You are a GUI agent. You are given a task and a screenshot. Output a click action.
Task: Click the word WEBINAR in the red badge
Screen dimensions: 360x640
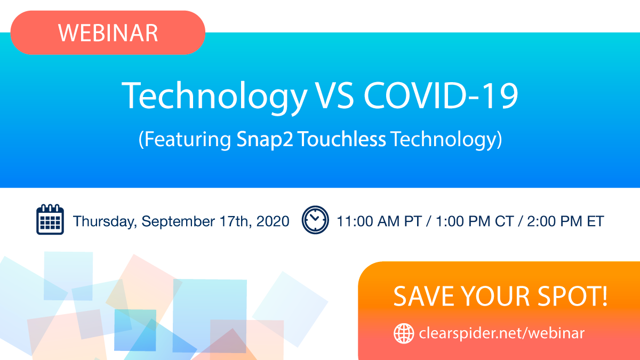108,33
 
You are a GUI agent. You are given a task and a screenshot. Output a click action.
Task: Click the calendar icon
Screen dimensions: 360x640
50,220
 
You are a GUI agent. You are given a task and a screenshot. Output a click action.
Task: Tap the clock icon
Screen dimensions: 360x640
315,220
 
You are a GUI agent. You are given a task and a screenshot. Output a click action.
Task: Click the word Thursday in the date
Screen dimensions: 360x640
104,221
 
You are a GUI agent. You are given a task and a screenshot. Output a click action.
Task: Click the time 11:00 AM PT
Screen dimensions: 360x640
379,221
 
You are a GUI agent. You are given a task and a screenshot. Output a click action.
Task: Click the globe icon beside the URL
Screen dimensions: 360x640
404,334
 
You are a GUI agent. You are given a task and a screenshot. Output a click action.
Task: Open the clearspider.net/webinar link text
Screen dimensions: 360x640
501,334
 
